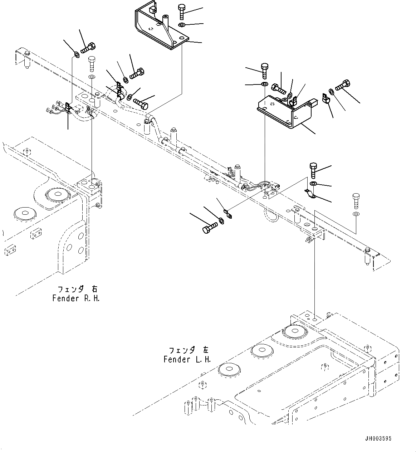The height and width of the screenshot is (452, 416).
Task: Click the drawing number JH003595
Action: coord(378,438)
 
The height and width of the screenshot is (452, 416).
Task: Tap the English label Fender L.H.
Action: coord(187,359)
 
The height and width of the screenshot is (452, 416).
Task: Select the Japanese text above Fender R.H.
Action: coord(77,289)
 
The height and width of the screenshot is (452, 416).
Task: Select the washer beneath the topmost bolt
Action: coord(181,25)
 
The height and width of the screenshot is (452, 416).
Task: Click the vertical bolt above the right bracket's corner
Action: coord(264,71)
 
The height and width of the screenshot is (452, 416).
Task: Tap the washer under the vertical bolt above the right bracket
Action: coord(264,84)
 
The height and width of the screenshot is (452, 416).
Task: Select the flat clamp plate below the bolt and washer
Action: coord(310,194)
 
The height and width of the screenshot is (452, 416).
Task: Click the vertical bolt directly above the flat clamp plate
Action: coord(313,170)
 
